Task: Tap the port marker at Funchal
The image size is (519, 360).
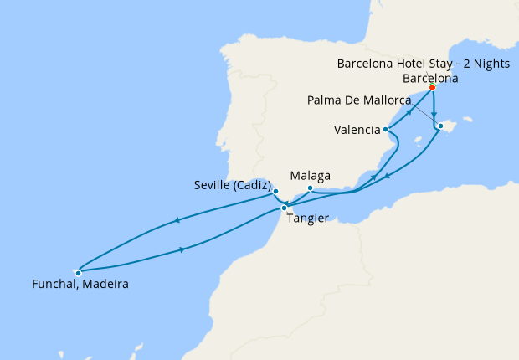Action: click(78, 272)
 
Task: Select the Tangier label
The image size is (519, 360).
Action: click(306, 219)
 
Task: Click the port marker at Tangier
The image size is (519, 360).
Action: click(284, 208)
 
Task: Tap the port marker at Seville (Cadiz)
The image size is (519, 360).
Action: click(275, 192)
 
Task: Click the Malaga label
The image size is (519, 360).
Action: click(310, 176)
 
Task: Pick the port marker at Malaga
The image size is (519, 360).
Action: click(310, 188)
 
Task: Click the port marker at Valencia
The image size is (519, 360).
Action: click(385, 130)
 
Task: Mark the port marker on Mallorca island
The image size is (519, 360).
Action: click(440, 126)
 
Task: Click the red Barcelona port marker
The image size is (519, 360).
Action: click(432, 87)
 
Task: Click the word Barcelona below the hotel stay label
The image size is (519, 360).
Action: click(430, 78)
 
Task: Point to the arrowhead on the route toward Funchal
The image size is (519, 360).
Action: click(177, 221)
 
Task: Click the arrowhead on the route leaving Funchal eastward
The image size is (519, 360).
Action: click(182, 249)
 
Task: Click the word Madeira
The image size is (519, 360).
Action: click(105, 285)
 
